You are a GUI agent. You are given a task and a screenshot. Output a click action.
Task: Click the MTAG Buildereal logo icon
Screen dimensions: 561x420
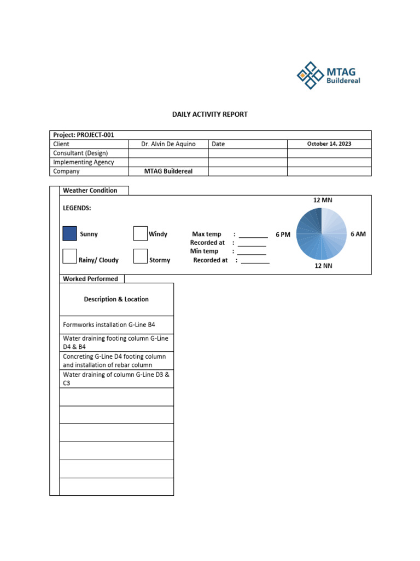(310, 76)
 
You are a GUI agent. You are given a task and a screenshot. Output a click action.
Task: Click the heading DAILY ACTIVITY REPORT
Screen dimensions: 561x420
(210, 115)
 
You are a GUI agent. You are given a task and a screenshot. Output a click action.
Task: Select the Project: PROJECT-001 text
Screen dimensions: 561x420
(84, 135)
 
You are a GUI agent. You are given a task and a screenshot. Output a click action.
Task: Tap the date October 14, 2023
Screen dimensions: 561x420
(329, 144)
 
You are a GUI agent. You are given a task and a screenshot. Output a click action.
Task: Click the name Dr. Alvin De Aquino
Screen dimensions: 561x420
(168, 144)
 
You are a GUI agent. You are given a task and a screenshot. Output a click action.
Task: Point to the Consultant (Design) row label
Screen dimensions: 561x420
(80, 153)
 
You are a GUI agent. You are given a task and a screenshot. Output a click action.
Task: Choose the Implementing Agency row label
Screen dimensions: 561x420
(84, 162)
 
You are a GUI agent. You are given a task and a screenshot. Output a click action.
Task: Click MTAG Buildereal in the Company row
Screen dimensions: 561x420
(168, 171)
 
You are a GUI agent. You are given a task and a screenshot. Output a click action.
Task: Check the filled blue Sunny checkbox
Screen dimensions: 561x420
(69, 234)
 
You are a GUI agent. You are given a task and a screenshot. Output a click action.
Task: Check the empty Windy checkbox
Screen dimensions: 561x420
(141, 234)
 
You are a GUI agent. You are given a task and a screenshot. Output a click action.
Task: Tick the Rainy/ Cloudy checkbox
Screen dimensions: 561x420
(69, 256)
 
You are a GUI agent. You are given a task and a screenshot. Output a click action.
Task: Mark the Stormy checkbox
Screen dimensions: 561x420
(141, 256)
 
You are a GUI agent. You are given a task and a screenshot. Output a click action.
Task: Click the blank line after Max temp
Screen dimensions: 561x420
(253, 235)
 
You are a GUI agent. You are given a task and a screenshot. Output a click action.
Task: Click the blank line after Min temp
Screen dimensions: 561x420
(252, 252)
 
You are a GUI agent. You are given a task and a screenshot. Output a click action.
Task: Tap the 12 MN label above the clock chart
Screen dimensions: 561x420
(323, 200)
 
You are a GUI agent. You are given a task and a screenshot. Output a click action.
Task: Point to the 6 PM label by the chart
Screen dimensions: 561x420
(283, 234)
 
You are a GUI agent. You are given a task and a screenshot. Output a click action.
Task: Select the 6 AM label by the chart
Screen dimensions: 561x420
(358, 234)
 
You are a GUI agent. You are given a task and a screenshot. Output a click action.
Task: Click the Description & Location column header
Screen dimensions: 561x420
(116, 299)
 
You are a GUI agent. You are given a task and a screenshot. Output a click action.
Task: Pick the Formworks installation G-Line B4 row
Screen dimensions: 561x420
(109, 325)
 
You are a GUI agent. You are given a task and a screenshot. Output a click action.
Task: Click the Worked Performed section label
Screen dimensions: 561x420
(90, 279)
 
